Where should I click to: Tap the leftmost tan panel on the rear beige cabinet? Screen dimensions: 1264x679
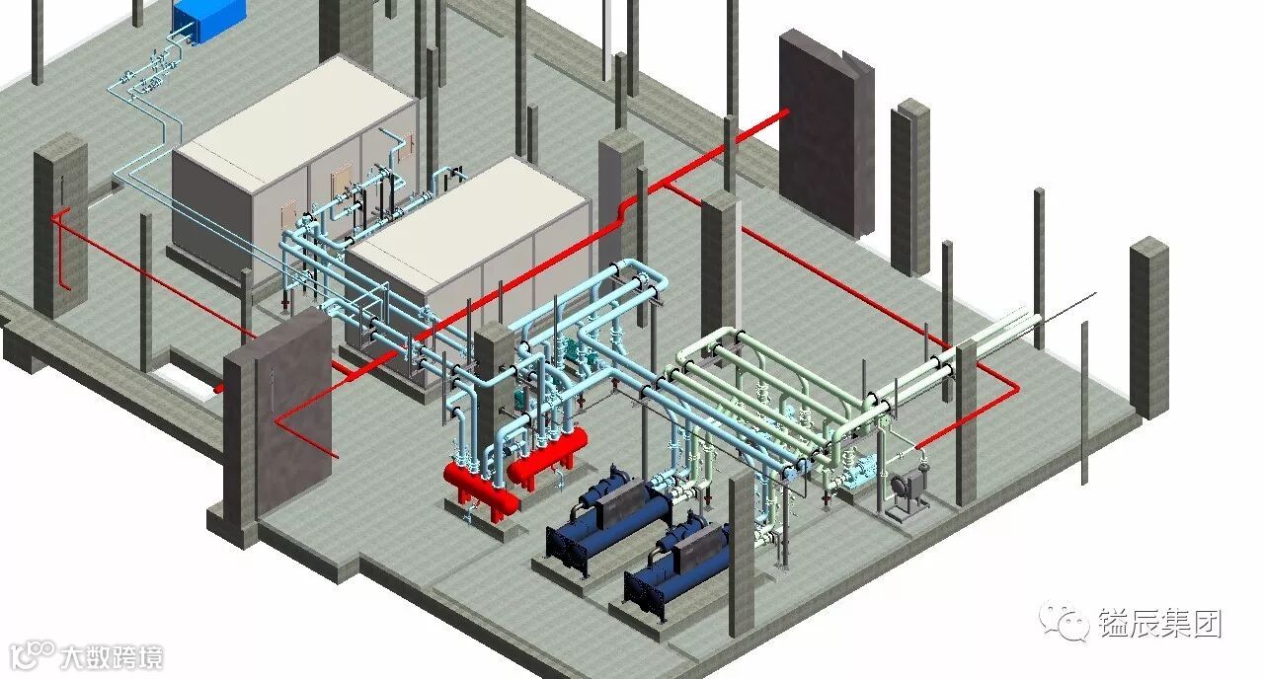tap(289, 213)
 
